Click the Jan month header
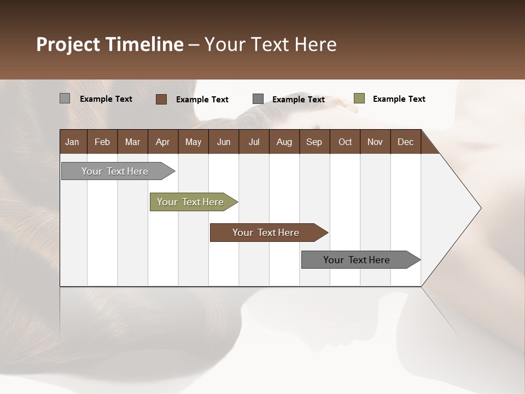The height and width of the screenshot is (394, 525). pos(73,142)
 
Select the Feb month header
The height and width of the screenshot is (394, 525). pos(102,142)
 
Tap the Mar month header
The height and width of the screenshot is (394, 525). pos(132,142)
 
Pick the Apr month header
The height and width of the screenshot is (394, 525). pos(163,142)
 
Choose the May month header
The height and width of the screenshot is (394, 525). pos(193,142)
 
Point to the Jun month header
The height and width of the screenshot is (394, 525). pos(224,142)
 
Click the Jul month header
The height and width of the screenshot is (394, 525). pos(254,142)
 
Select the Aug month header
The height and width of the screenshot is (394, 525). pos(284,142)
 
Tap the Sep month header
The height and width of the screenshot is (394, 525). pos(314,142)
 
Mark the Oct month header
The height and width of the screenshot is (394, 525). pos(345,142)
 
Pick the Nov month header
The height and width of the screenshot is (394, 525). pos(375,142)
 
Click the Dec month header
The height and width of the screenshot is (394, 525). pos(406,142)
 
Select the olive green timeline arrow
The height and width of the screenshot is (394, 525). pos(191,202)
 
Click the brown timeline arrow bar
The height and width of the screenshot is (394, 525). pos(267,233)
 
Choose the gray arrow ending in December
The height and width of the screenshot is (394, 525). pos(358,260)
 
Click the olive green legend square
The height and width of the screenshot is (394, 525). pos(359,99)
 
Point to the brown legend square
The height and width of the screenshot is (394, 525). pos(161,99)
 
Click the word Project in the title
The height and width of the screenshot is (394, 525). pos(68,44)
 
